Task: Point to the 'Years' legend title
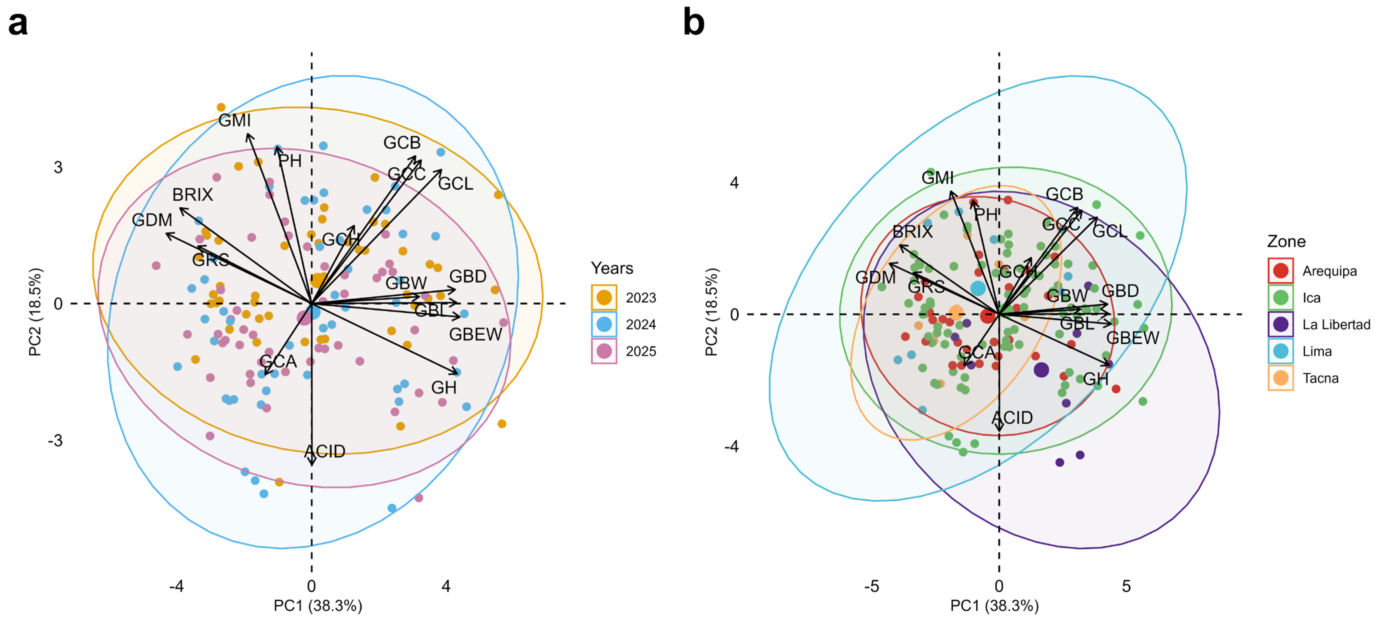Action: (x=612, y=268)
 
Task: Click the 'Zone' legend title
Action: (x=1286, y=241)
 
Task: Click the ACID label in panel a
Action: (x=325, y=452)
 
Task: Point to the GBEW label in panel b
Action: (x=1133, y=338)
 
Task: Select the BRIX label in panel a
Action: (x=192, y=194)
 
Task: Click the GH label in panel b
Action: (x=1096, y=379)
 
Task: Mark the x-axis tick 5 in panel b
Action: (x=1126, y=586)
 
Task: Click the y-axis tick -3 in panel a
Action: (x=55, y=440)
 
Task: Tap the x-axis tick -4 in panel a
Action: (x=176, y=586)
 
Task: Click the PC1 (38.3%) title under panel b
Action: (x=994, y=605)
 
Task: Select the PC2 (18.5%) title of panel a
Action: (x=35, y=312)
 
